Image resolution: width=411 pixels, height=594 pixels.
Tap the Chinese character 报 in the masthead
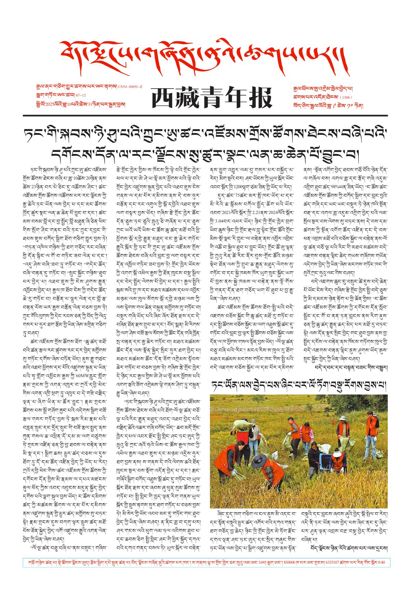coord(259,98)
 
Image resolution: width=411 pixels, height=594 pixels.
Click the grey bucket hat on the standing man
coord(342,418)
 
